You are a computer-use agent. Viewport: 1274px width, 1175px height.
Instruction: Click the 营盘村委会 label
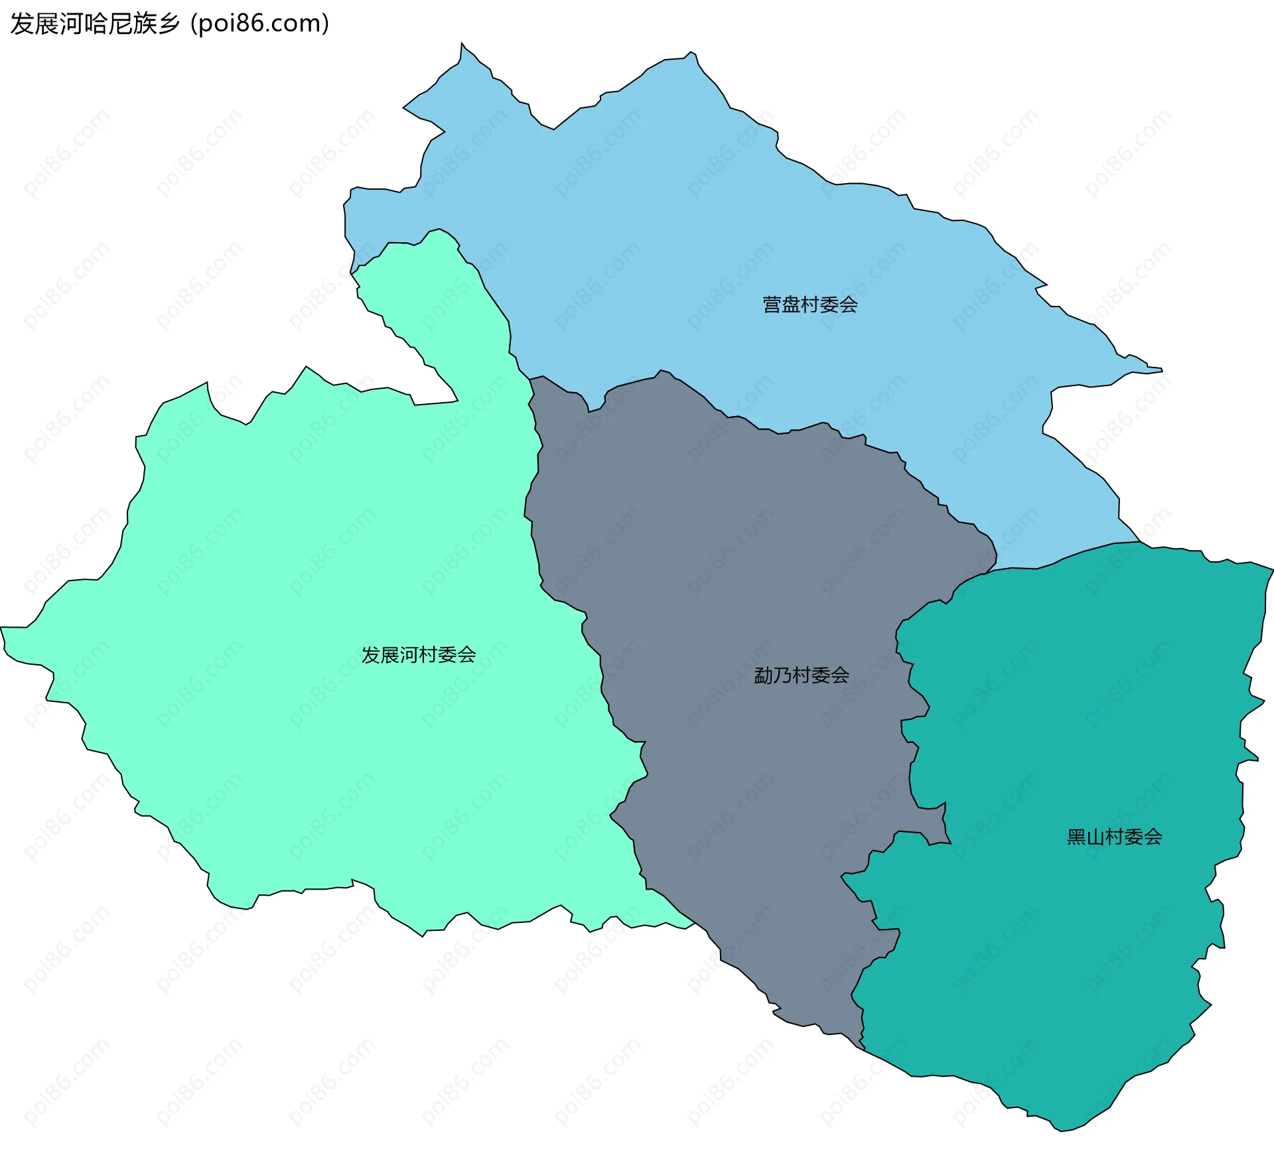coord(810,305)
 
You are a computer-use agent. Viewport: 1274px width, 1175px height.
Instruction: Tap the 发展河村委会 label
coord(418,655)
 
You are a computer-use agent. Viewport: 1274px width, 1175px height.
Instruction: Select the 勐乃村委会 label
coord(802,675)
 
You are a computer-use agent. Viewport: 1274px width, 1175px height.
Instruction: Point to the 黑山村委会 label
coord(1114,837)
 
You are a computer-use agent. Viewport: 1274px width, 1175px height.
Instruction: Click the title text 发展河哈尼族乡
coord(95,24)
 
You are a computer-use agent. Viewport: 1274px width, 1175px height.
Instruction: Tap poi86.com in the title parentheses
coord(259,24)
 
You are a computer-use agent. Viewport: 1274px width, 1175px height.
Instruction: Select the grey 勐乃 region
coord(730,564)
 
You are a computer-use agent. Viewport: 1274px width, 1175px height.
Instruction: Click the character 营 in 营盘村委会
coord(772,305)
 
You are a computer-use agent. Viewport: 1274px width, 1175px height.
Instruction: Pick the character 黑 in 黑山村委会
coord(1076,837)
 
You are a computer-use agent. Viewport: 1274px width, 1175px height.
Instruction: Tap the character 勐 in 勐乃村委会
coord(763,675)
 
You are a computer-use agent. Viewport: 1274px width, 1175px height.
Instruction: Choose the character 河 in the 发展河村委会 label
coord(409,655)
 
